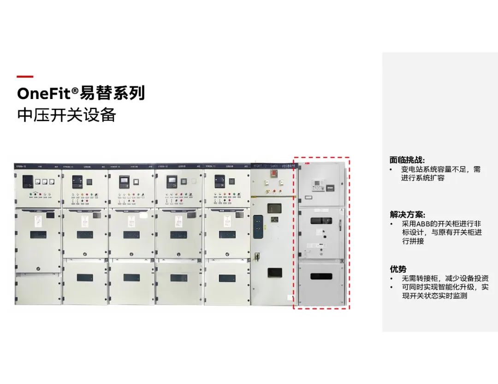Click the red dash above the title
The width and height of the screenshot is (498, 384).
coord(25,77)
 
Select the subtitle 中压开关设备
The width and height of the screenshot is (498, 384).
coord(66,115)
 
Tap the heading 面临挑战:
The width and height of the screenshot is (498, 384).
coord(407,160)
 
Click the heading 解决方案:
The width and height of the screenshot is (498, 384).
coord(407,215)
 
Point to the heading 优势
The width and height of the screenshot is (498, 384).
coord(398,269)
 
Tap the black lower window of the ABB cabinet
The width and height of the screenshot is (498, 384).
coord(321,276)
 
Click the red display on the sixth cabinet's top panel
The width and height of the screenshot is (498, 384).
coord(273,173)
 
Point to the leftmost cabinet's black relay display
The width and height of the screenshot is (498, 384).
coord(28,180)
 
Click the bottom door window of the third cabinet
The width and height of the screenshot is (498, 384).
coord(131,278)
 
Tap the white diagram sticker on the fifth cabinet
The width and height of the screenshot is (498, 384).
coord(227,221)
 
